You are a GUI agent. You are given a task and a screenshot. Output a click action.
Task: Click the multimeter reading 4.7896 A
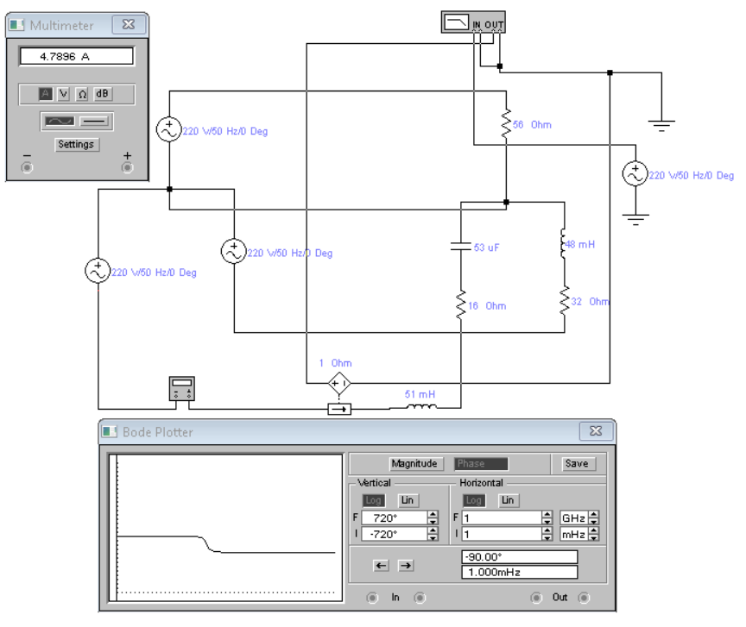(x=76, y=56)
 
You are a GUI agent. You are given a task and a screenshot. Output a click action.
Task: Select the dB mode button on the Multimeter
(x=103, y=93)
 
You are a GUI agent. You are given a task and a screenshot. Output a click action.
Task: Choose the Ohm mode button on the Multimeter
(x=82, y=93)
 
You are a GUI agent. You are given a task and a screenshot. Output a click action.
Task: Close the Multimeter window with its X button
(x=129, y=25)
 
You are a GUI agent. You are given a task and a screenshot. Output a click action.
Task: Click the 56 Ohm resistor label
(x=532, y=125)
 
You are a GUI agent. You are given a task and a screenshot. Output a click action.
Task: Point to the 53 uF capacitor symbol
(x=461, y=248)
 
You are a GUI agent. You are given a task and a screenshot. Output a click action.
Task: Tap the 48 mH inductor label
(x=579, y=245)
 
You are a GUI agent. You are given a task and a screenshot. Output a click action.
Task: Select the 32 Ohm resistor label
(x=591, y=302)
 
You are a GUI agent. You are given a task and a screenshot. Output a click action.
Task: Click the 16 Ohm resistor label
(x=488, y=306)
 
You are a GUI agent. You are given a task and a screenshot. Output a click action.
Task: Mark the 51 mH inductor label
(x=420, y=394)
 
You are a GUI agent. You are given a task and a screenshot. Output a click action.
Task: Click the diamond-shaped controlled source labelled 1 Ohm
(x=338, y=382)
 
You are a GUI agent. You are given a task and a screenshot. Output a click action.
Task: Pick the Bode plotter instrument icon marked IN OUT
(x=472, y=22)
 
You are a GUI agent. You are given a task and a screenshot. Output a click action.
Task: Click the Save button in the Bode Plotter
(x=576, y=463)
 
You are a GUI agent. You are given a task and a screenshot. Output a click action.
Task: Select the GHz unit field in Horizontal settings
(x=573, y=518)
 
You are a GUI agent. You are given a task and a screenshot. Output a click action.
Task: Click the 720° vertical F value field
(x=394, y=518)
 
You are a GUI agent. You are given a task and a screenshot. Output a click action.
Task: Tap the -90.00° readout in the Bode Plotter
(x=519, y=556)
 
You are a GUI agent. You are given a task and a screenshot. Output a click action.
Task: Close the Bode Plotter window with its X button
(x=596, y=431)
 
